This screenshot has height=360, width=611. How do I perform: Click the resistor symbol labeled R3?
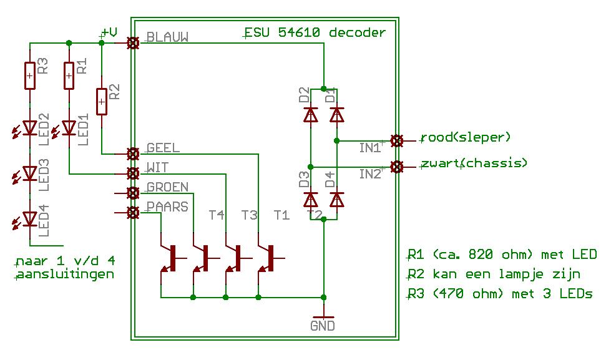29,76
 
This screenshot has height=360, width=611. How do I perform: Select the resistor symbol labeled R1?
69,76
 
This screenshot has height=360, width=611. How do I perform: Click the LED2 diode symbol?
29,128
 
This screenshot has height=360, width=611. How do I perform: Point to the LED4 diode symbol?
29,218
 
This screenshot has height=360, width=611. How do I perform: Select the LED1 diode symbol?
69,128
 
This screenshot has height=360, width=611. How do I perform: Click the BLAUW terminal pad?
132,43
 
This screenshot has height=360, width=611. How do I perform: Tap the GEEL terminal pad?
132,153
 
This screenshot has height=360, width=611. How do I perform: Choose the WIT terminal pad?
132,173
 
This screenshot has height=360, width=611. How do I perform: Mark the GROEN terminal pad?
132,193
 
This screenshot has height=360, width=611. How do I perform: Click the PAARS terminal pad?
132,213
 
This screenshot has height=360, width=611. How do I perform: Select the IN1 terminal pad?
395,140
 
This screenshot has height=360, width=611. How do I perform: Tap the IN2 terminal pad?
395,166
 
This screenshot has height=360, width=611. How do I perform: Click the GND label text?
323,326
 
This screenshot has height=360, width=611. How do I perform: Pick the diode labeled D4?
336,200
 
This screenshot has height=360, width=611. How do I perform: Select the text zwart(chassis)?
474,163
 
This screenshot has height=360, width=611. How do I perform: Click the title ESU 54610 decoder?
315,32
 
